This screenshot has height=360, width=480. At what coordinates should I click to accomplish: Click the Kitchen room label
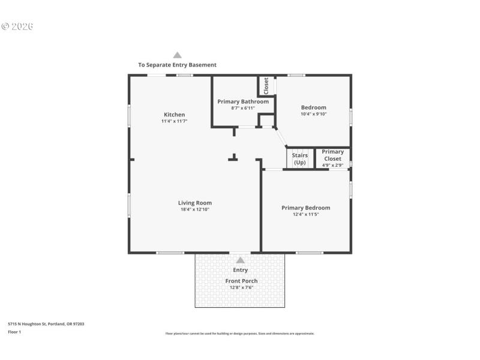[175, 115]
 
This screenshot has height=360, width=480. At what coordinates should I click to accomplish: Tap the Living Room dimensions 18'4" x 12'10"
[195, 209]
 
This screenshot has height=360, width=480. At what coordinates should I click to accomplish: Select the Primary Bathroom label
[243, 101]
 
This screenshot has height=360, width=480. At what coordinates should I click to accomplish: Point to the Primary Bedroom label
[305, 208]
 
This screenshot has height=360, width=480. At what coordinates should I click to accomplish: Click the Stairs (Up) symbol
[299, 159]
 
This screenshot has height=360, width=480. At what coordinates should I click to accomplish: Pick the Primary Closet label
[332, 155]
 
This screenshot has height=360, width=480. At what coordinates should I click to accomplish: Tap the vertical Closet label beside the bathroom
[266, 86]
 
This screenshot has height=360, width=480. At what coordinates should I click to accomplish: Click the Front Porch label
[241, 281]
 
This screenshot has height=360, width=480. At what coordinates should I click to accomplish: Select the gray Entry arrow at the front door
[241, 260]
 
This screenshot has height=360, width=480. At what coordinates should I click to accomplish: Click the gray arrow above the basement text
[177, 55]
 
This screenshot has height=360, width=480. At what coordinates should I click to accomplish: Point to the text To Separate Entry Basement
[177, 65]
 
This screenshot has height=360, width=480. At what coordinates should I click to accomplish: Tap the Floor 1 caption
[14, 332]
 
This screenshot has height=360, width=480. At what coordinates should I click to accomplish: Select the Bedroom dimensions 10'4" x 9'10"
[314, 114]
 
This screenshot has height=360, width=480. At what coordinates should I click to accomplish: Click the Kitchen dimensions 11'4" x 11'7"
[175, 121]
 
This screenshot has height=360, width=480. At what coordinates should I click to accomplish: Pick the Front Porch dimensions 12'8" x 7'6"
[241, 287]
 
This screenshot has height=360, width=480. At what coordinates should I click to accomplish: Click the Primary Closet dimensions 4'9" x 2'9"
[332, 165]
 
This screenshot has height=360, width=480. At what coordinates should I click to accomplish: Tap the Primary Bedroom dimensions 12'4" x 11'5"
[305, 214]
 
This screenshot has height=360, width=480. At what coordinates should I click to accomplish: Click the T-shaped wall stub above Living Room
[233, 158]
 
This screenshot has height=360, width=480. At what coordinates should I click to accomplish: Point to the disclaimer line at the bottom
[239, 334]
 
